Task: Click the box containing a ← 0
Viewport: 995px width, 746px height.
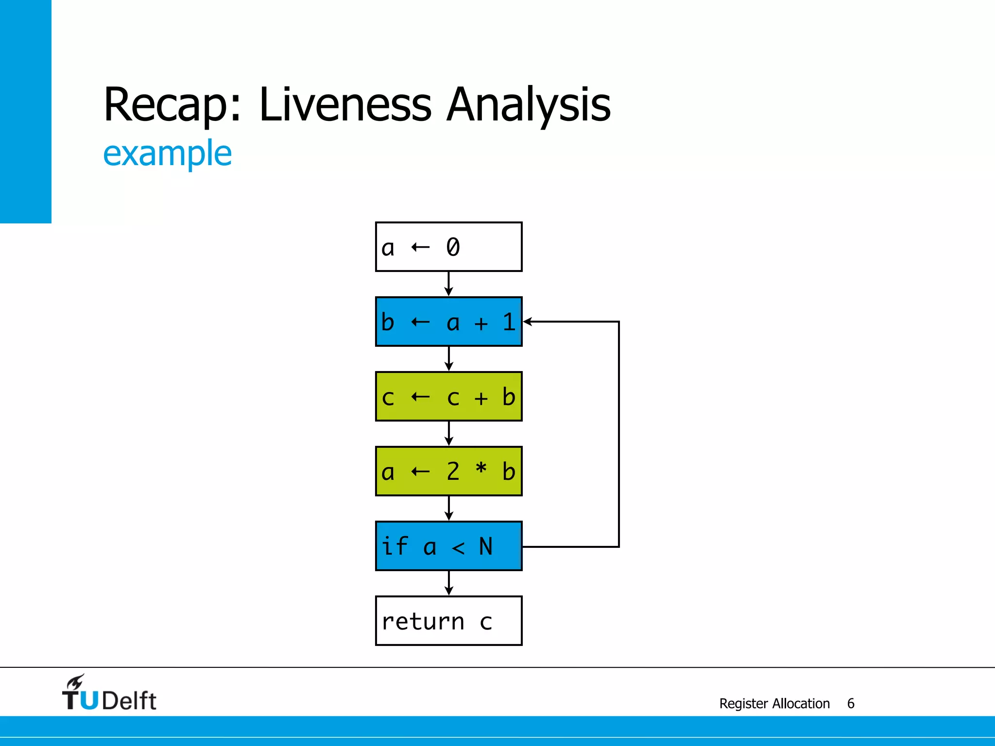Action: pos(448,247)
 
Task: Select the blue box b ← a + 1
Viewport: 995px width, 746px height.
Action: pos(448,322)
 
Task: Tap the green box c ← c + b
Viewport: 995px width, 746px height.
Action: pos(448,396)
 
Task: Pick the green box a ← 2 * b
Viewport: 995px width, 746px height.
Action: pos(448,471)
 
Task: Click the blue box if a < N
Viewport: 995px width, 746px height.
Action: pos(448,546)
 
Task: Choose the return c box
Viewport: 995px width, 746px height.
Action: pos(448,621)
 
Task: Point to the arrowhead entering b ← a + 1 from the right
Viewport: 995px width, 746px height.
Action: pos(528,322)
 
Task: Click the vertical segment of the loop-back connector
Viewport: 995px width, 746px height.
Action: pos(618,434)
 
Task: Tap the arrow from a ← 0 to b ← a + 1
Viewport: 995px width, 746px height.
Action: pos(448,284)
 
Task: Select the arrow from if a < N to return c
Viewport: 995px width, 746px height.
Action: pos(448,583)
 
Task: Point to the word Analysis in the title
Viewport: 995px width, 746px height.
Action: pos(528,105)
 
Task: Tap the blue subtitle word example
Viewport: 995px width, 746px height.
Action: pos(167,153)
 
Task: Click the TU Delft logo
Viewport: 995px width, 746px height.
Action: pos(109,694)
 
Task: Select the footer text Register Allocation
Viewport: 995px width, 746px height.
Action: pos(774,703)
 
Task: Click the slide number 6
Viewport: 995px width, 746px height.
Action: pos(851,703)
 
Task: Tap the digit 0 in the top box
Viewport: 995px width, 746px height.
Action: pos(453,247)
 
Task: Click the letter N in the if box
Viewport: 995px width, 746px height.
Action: pos(485,546)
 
